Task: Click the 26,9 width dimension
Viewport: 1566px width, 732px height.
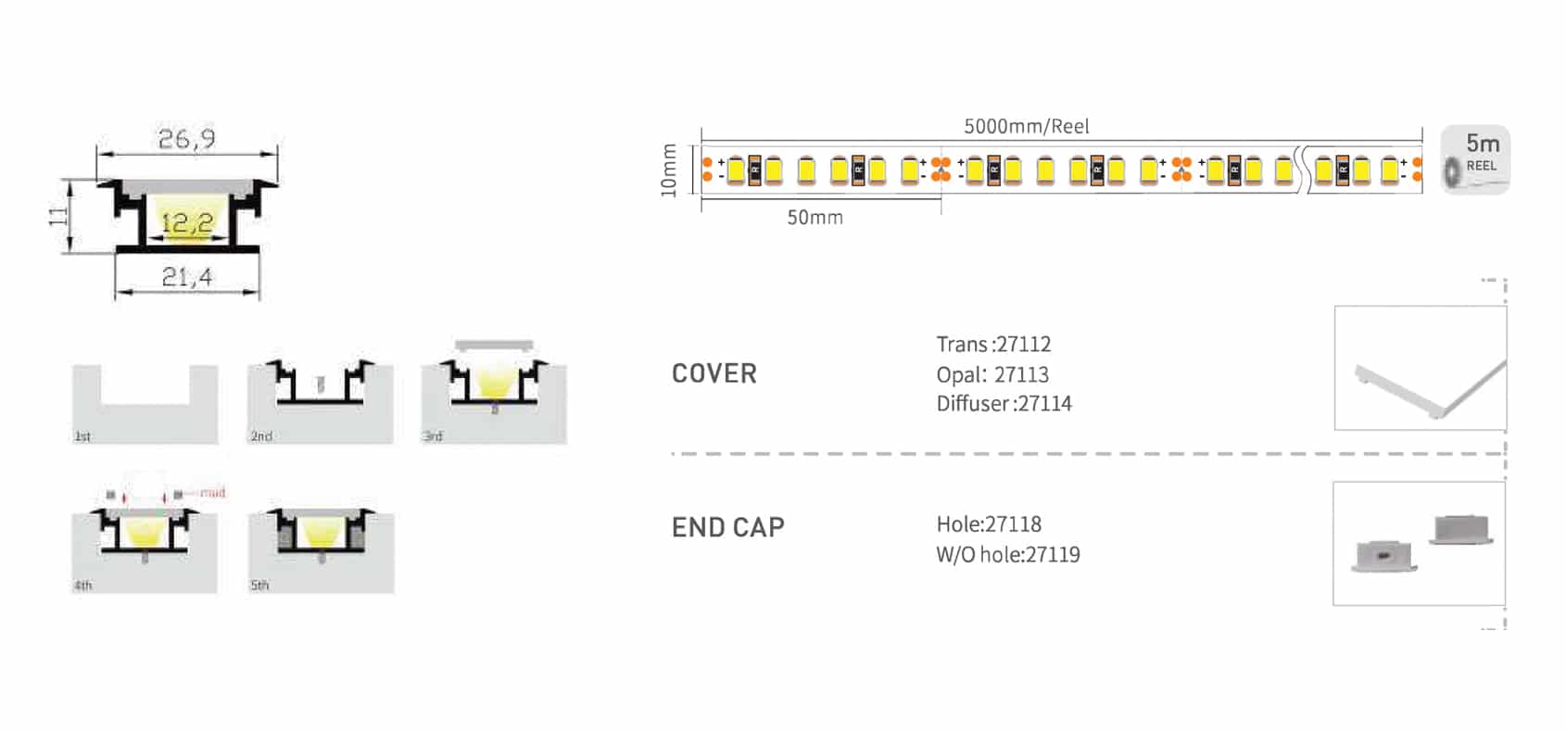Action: click(x=186, y=139)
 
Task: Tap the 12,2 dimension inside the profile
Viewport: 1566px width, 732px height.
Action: click(x=186, y=223)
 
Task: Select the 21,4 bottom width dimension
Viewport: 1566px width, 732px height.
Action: click(x=186, y=276)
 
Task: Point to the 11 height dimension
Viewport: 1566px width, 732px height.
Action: click(x=58, y=216)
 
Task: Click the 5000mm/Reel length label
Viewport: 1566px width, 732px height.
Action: click(x=1026, y=126)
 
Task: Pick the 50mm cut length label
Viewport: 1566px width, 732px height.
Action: click(x=815, y=218)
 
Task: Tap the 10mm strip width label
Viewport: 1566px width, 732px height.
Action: click(x=669, y=170)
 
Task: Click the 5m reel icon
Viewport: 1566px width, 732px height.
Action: click(x=1475, y=159)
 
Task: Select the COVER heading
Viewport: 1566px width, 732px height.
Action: click(x=714, y=373)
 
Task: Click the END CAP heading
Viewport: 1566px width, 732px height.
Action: click(x=727, y=527)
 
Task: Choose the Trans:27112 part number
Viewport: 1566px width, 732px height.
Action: click(x=993, y=345)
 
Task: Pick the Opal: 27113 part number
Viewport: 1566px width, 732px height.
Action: click(x=992, y=374)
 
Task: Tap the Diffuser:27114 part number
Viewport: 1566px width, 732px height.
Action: click(x=1004, y=404)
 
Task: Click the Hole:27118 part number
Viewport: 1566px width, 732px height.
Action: click(x=989, y=524)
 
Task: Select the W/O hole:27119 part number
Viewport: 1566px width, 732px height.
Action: click(x=1008, y=555)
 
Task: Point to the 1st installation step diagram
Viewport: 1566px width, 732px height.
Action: click(x=145, y=404)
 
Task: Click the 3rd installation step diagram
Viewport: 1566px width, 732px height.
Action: click(x=494, y=393)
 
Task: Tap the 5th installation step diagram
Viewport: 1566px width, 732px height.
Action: click(x=321, y=550)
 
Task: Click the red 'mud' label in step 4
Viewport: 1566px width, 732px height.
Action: click(x=212, y=492)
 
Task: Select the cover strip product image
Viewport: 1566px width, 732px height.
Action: click(x=1420, y=368)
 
